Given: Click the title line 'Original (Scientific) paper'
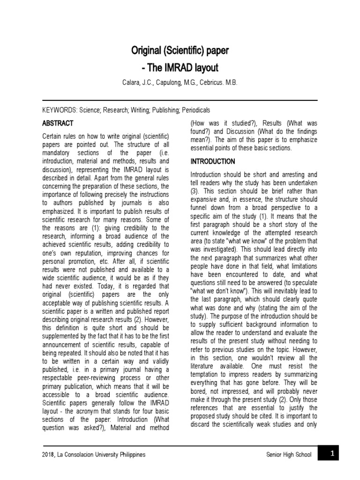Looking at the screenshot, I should (x=180, y=51).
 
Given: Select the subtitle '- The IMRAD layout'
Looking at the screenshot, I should (x=180, y=68).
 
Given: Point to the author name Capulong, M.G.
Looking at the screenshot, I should (x=177, y=82).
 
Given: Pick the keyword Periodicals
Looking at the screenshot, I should (x=193, y=110).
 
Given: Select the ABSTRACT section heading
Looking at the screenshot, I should (x=58, y=123).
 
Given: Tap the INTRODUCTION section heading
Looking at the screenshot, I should (x=212, y=162).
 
